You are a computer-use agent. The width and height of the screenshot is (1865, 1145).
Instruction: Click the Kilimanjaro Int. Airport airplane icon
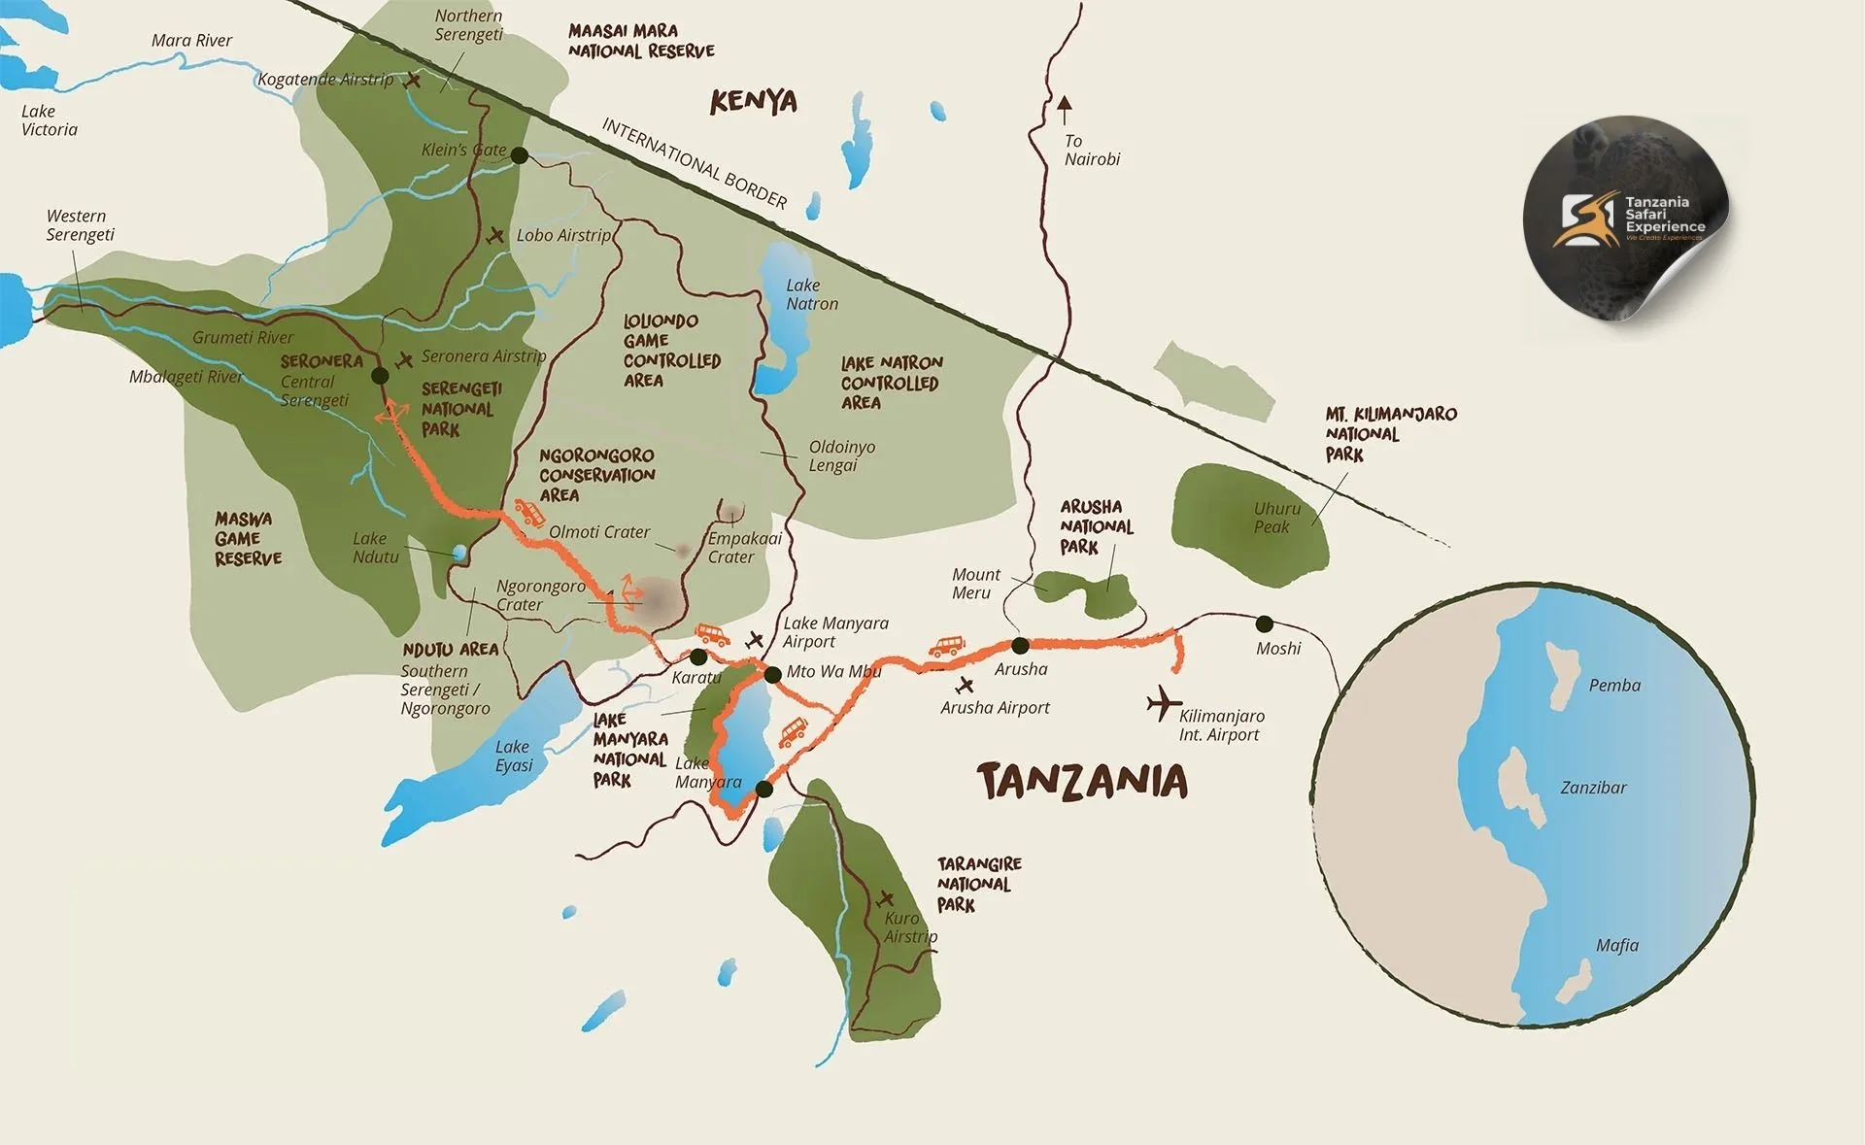(1162, 703)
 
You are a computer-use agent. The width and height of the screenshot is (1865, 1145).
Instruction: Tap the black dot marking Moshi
(1264, 623)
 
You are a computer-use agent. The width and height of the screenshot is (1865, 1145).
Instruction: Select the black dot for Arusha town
(1020, 645)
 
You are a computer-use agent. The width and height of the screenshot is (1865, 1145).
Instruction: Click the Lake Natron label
(811, 294)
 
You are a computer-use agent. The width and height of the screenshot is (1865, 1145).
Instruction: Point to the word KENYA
(753, 101)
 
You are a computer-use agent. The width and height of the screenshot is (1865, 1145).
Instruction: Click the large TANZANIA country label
(1082, 781)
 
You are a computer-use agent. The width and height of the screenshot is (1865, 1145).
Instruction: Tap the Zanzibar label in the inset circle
(1592, 788)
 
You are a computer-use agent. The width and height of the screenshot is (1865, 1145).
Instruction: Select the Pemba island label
(1613, 686)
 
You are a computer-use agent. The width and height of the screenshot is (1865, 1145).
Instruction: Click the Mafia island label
(1616, 945)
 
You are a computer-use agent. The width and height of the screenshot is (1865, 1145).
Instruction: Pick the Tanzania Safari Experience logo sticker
(1627, 219)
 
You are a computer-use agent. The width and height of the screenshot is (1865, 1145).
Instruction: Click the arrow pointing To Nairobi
(1065, 104)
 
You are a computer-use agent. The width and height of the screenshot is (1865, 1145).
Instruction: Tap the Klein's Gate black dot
(520, 155)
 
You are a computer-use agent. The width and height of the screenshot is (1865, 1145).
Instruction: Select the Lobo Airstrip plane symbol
(496, 235)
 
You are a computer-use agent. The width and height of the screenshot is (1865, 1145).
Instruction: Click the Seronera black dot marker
(380, 375)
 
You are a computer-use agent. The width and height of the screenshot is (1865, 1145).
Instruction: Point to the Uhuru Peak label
(1275, 518)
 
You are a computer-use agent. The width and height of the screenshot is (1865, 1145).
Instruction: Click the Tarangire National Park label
(978, 884)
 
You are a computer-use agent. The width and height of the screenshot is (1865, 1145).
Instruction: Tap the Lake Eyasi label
(513, 756)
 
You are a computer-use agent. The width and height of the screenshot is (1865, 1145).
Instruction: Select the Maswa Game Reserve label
(248, 539)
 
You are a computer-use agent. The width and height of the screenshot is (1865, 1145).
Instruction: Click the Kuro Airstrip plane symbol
(885, 898)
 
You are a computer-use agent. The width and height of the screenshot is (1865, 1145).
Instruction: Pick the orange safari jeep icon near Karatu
(712, 635)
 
